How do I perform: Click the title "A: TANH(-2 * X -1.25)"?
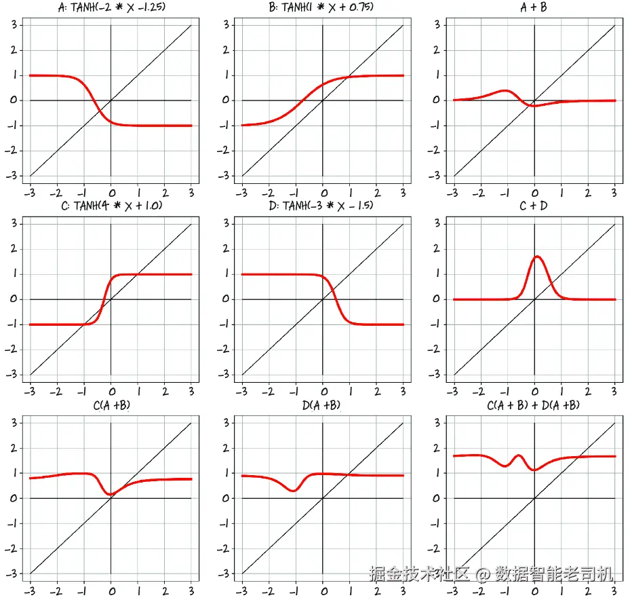click(x=111, y=7)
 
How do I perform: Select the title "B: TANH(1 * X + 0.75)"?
click(x=322, y=7)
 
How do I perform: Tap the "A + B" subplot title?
click(x=534, y=7)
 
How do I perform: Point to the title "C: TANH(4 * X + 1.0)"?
click(x=111, y=206)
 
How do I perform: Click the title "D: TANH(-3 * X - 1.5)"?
click(x=322, y=206)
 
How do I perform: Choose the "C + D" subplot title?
click(x=534, y=206)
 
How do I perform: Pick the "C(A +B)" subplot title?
click(x=111, y=405)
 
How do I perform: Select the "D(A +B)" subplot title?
click(x=322, y=405)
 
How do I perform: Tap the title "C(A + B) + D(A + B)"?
click(x=534, y=405)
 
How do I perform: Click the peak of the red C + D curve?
click(x=537, y=257)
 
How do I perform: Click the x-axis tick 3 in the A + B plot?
click(x=614, y=191)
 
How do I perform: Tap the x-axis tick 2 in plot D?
click(x=377, y=391)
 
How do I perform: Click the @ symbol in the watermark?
click(x=482, y=575)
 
